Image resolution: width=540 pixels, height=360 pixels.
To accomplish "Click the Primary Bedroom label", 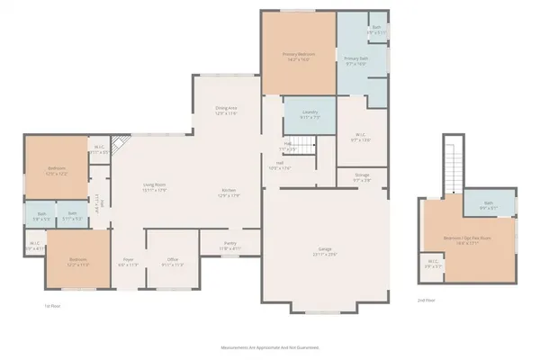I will click(297, 57).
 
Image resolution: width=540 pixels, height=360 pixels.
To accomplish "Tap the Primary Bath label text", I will click(356, 60).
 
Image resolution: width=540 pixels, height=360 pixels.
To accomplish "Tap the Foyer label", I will click(128, 263).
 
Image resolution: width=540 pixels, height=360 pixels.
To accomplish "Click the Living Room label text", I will click(155, 186).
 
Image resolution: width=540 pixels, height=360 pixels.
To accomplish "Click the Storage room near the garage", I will click(362, 177).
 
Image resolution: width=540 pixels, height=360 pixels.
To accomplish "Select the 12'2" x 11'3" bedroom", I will click(78, 263).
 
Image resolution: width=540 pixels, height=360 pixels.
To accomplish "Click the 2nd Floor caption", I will click(426, 301).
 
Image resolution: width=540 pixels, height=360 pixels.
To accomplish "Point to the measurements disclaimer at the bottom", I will click(269, 346).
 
